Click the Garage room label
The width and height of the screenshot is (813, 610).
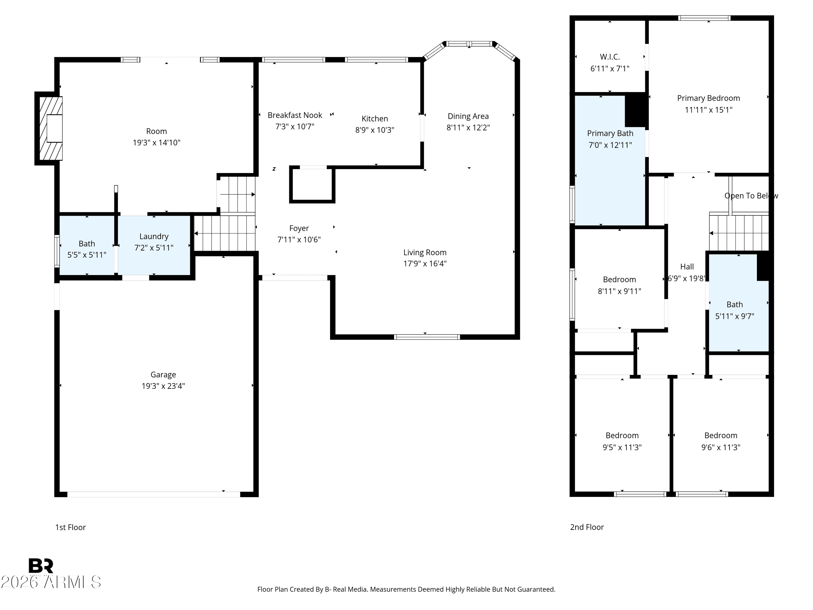163,374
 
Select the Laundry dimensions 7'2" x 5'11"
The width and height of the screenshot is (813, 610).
154,248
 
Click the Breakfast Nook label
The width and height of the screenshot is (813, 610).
295,115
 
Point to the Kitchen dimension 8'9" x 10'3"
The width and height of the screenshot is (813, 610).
375,130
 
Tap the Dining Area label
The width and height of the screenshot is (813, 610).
468,116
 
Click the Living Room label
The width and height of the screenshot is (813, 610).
425,252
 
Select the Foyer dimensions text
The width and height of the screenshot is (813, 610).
299,240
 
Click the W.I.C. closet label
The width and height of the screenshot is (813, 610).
610,57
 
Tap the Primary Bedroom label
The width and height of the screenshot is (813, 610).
708,98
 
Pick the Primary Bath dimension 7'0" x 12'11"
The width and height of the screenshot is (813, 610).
610,145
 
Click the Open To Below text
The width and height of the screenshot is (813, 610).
751,196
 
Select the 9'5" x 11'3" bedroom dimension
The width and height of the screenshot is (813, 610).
622,447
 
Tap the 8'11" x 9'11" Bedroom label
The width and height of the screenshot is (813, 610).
619,280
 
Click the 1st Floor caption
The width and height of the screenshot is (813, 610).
70,527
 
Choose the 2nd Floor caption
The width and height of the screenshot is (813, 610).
587,527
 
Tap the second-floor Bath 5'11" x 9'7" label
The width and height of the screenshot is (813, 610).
734,304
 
